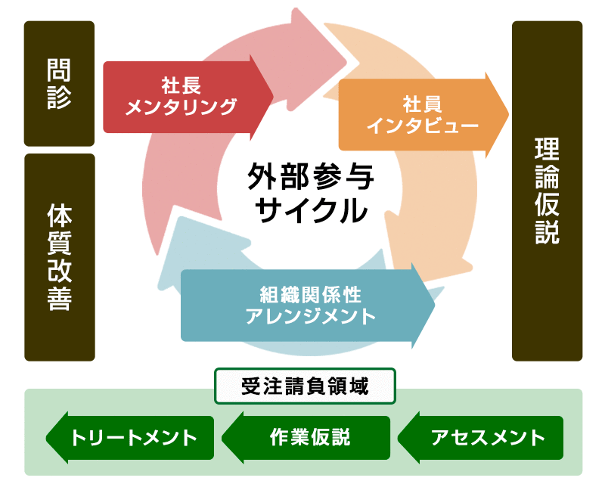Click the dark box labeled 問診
click(x=59, y=83)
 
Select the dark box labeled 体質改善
click(x=59, y=257)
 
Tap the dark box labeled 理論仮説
click(x=547, y=191)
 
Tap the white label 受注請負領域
click(x=306, y=386)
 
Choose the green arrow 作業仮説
click(x=306, y=437)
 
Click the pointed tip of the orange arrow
click(x=508, y=115)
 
